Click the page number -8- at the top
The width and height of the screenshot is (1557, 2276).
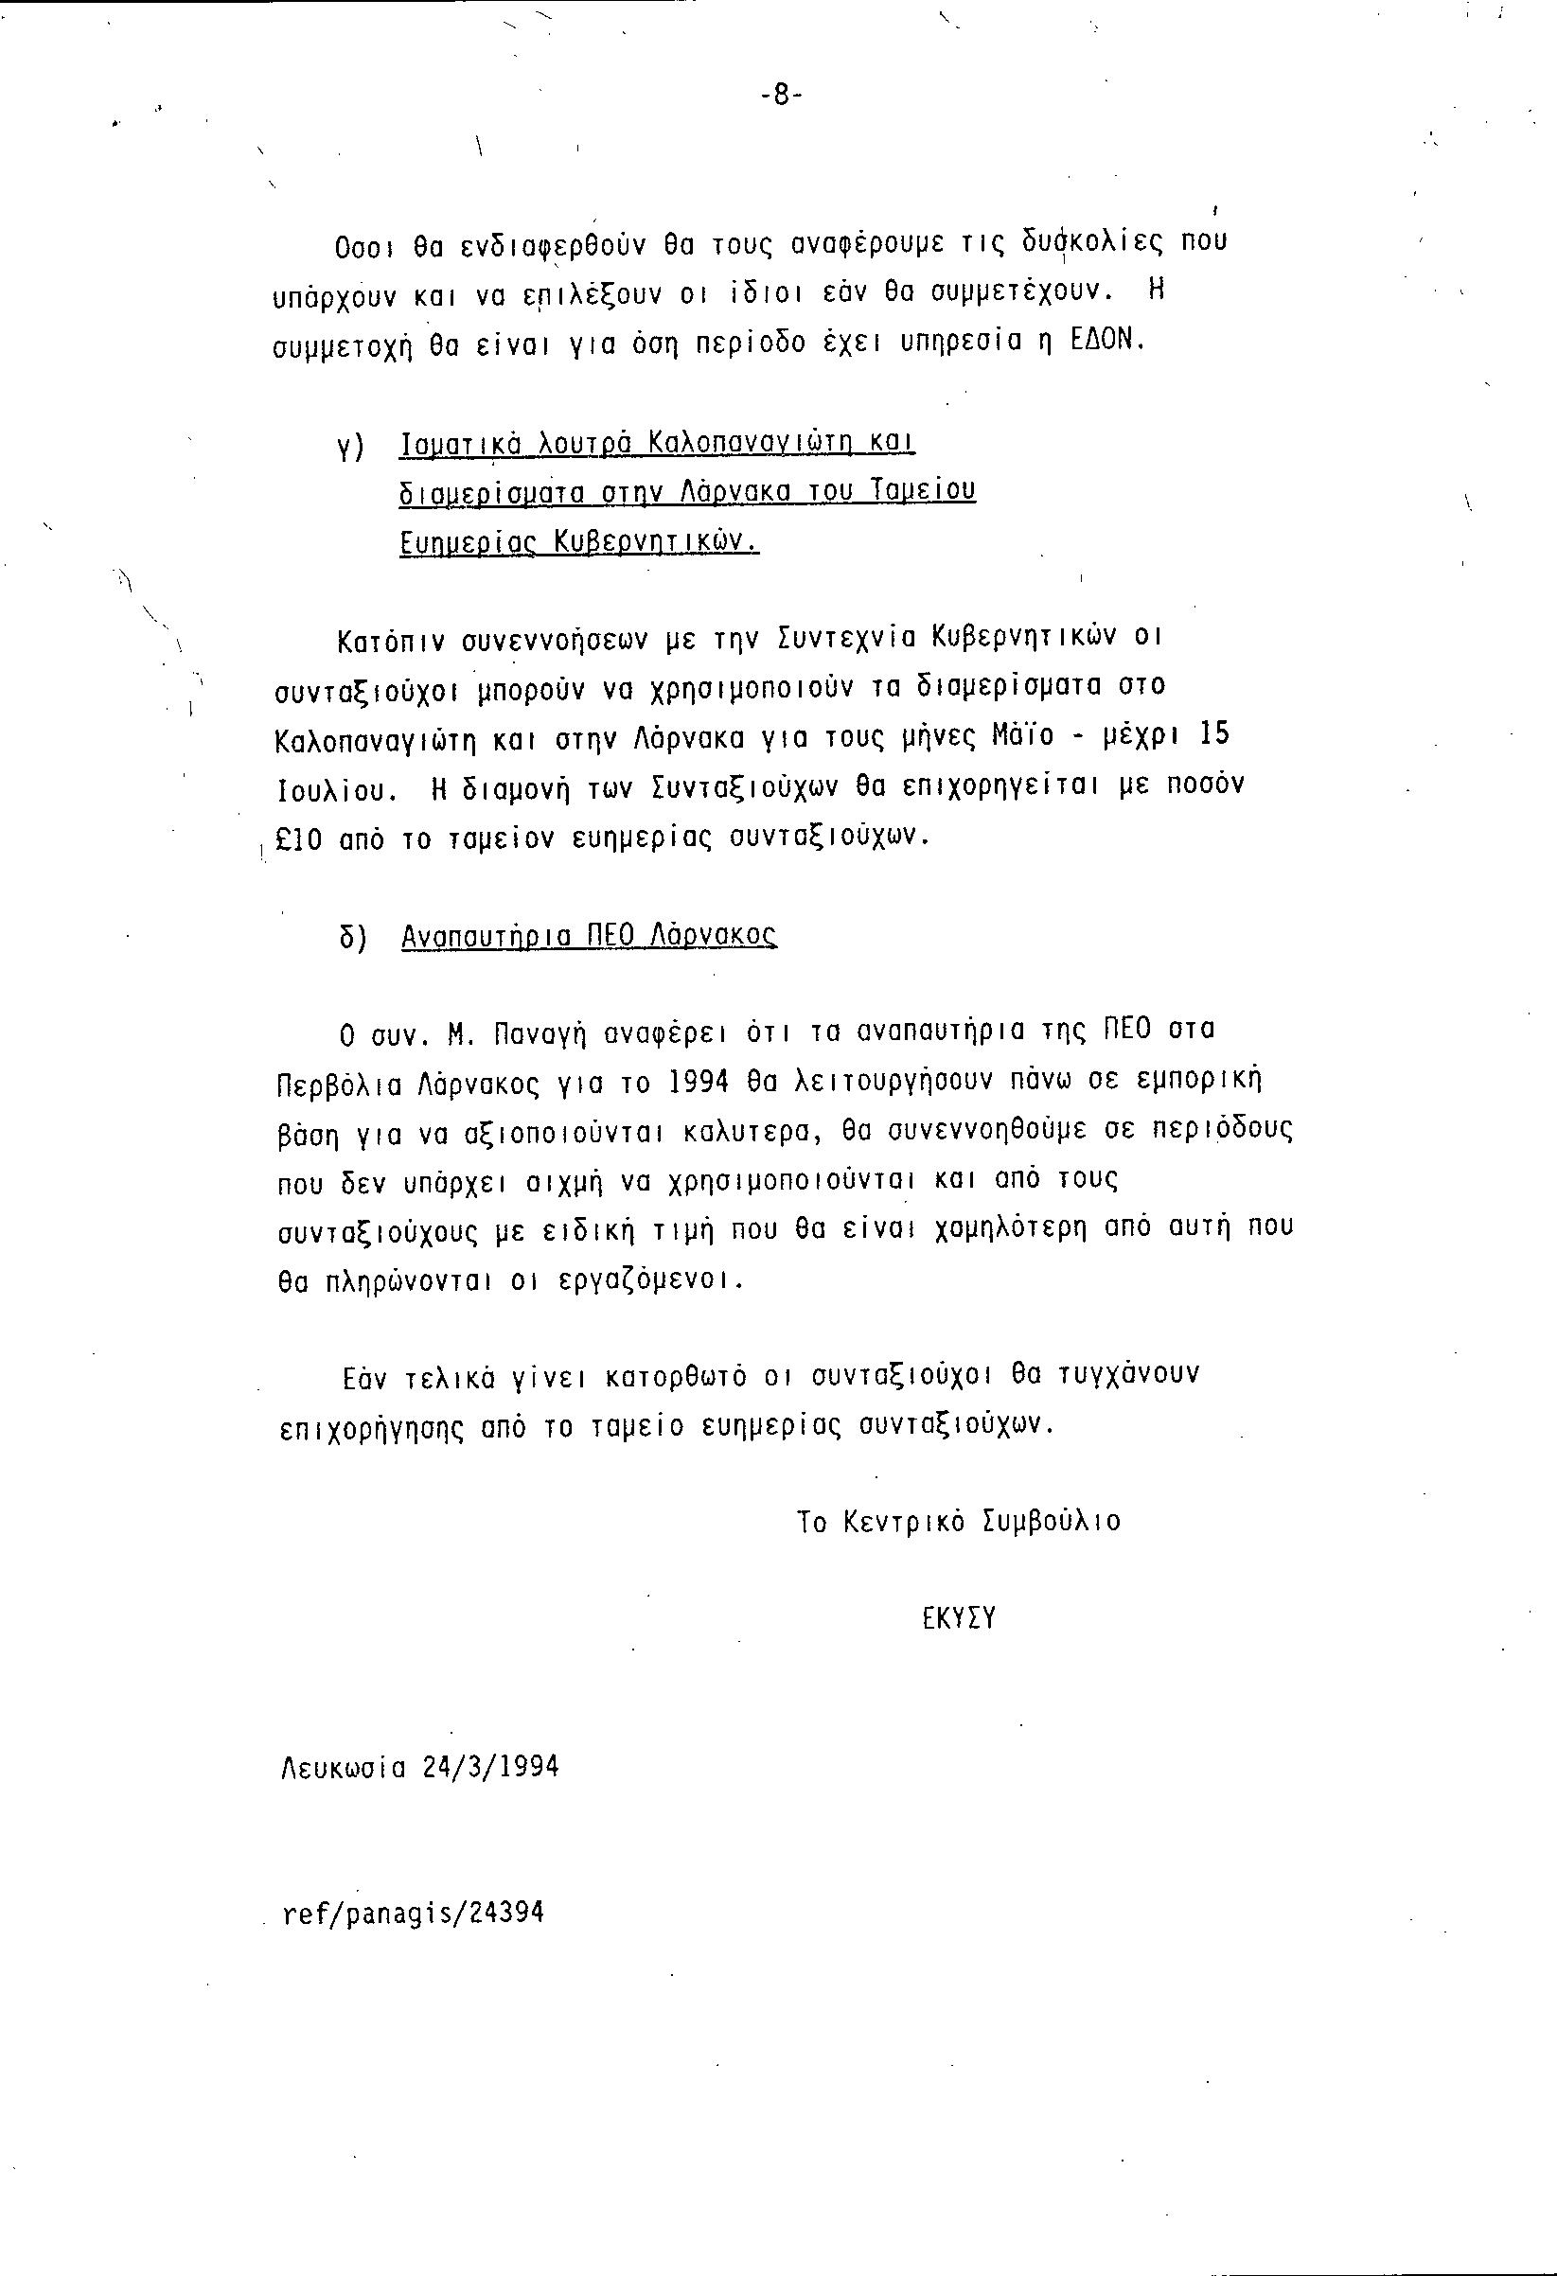coord(781,95)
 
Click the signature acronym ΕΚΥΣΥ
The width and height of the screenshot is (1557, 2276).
coord(958,1618)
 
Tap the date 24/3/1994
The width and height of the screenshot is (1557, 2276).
coord(490,1767)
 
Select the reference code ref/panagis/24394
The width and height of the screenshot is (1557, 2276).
coord(413,1913)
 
